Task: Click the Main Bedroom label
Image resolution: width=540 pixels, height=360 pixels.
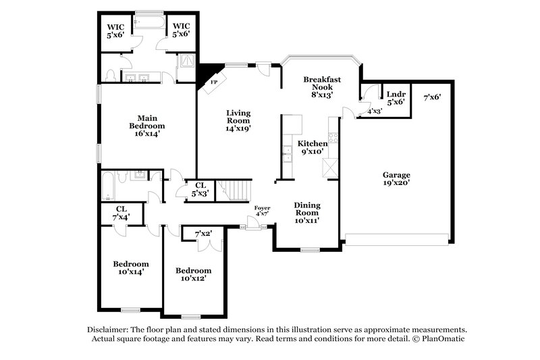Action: coord(147,125)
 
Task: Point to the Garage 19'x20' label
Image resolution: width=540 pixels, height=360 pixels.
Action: coord(396,178)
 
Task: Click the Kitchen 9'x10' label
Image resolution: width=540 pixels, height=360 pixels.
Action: coord(313,147)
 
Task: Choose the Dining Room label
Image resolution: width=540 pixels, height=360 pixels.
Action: coord(307,212)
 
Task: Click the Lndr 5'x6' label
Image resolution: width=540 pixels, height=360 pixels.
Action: coord(396,98)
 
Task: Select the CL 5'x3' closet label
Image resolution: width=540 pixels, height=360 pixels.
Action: coord(200,189)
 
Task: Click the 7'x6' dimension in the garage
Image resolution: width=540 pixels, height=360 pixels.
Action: coord(432,97)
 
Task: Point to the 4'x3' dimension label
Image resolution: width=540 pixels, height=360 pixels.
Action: coord(374,111)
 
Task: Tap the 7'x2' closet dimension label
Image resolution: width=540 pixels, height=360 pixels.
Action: coord(203,234)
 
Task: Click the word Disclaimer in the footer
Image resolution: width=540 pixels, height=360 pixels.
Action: coord(111,328)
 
